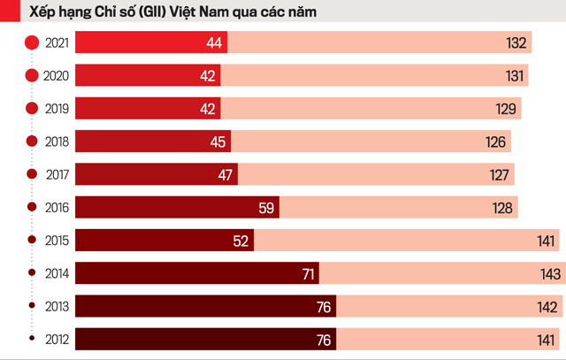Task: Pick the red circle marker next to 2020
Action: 33,76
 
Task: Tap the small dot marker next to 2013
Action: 33,306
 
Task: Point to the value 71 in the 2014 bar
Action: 308,274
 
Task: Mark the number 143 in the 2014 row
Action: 550,274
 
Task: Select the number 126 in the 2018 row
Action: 495,142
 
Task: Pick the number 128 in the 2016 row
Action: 502,208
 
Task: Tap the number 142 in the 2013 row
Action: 548,307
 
